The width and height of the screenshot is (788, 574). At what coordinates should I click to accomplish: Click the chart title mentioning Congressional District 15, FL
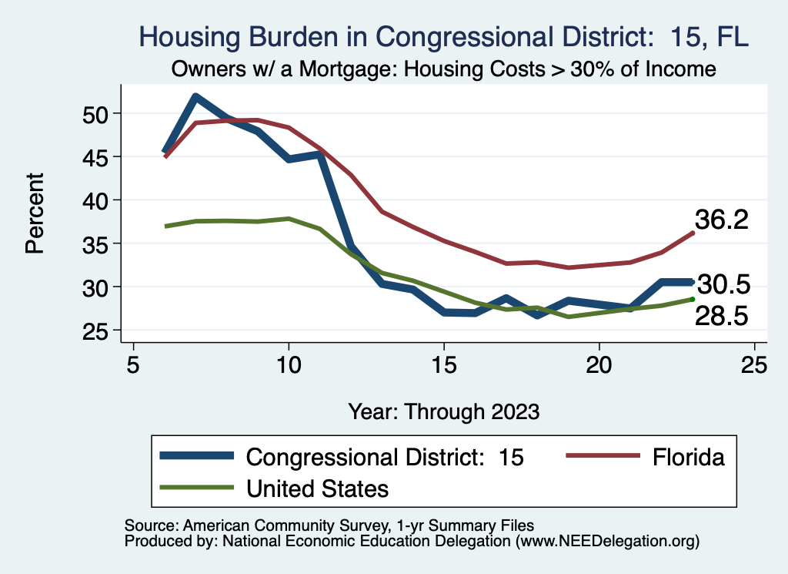[442, 36]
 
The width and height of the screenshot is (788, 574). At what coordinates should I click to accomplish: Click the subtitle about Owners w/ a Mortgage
[444, 69]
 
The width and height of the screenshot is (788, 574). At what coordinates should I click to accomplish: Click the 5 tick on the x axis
[133, 363]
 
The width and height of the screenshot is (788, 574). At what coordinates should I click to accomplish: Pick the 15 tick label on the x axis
[444, 363]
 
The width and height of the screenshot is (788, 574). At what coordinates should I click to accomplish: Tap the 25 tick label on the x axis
[754, 363]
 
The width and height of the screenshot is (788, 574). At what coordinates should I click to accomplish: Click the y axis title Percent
[35, 223]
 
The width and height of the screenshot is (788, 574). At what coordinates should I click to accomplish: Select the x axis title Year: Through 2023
[443, 411]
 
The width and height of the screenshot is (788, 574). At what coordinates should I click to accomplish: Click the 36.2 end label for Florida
[722, 220]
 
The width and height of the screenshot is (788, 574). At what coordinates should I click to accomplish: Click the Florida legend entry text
[689, 458]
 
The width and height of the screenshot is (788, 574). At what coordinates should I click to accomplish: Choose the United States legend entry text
[317, 488]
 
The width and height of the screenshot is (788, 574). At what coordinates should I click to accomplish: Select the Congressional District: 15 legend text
[385, 458]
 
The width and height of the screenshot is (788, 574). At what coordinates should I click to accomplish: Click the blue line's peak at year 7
[196, 97]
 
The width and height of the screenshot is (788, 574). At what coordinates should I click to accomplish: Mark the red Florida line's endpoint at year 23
[693, 232]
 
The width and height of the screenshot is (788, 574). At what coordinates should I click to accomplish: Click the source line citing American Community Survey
[329, 525]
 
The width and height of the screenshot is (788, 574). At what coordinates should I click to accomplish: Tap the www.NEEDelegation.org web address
[608, 541]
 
